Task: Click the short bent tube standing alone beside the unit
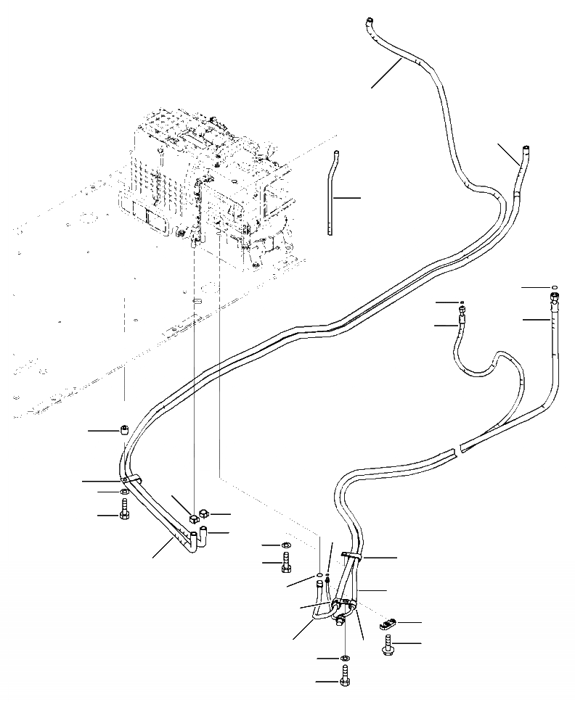pos(333,192)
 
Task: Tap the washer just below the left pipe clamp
pos(125,493)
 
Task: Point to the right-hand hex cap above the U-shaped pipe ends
pos(205,514)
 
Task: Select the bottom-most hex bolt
pos(344,679)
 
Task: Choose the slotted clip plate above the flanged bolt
pos(390,622)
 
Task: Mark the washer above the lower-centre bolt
pos(286,545)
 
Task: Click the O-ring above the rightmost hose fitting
pos(555,287)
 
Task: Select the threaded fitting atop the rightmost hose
pos(555,299)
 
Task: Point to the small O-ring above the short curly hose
pos(462,302)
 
